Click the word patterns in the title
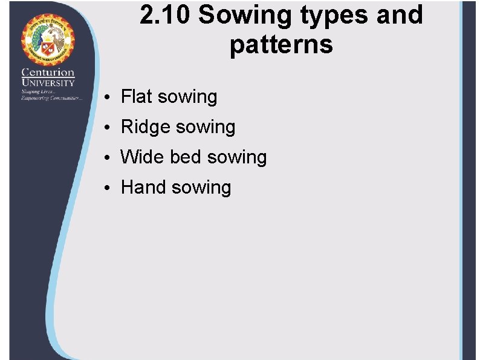pyautogui.click(x=281, y=45)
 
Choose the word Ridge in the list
pyautogui.click(x=146, y=127)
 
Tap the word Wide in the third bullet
pyautogui.click(x=142, y=157)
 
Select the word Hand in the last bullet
pyautogui.click(x=143, y=187)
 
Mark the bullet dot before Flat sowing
pyautogui.click(x=106, y=97)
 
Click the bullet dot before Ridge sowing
pyautogui.click(x=106, y=128)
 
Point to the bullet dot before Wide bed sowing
pyautogui.click(x=106, y=158)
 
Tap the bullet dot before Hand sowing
pyautogui.click(x=106, y=188)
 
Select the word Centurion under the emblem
pyautogui.click(x=48, y=73)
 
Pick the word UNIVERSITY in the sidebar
pyautogui.click(x=48, y=83)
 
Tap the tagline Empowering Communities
pyautogui.click(x=51, y=97)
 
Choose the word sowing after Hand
pyautogui.click(x=201, y=188)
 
